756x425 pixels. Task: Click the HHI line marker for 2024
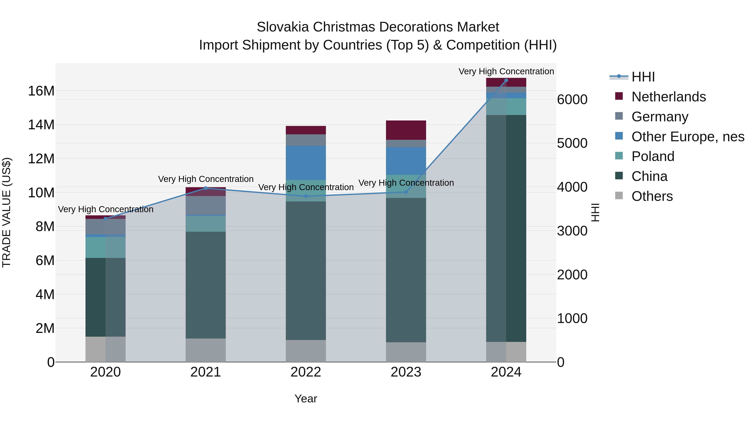(x=506, y=80)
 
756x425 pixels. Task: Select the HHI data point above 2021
(x=206, y=188)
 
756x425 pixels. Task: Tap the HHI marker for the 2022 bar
(x=306, y=196)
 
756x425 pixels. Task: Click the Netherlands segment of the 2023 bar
(x=406, y=130)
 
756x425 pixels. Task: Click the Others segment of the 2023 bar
(x=406, y=352)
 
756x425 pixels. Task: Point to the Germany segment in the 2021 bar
(x=206, y=205)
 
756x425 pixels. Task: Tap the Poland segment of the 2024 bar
(x=506, y=107)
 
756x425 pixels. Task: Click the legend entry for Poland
(x=653, y=156)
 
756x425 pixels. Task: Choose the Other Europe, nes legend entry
(x=688, y=137)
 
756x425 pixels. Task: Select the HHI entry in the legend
(x=643, y=77)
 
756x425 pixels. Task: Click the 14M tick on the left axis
(x=41, y=125)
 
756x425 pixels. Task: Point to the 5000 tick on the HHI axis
(x=572, y=143)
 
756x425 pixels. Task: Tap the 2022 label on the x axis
(x=306, y=372)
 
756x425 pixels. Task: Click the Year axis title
(x=306, y=399)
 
